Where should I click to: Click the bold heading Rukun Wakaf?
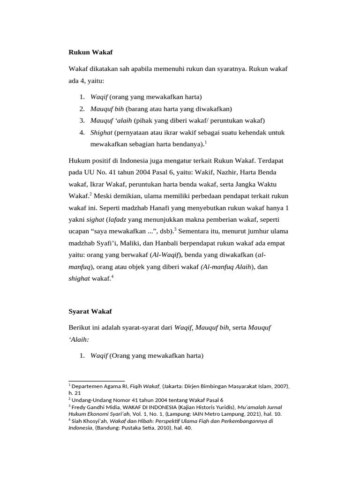click(x=90, y=52)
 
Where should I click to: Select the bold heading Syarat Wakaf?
click(x=90, y=311)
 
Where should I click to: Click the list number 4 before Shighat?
click(x=82, y=133)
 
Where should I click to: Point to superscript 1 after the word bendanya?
click(x=207, y=142)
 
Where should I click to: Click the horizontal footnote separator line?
click(x=97, y=380)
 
